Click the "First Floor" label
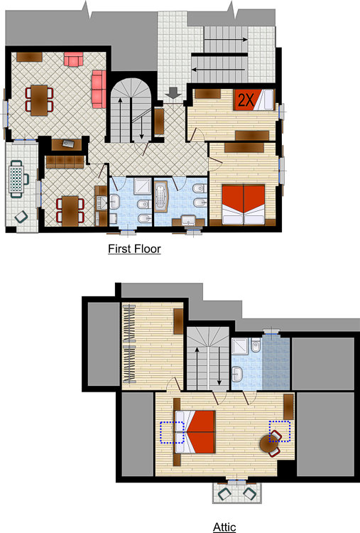134,249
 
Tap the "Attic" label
224,527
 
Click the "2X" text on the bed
246,100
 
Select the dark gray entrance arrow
173,93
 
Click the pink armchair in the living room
74,59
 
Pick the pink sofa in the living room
99,89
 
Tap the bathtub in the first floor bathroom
162,196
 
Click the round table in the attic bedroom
268,444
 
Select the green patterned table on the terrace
16,178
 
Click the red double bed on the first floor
243,204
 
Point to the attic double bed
195,431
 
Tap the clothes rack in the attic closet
129,343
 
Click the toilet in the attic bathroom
256,345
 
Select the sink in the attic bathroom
237,375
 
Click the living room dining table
39,100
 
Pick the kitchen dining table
70,211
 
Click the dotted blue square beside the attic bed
172,432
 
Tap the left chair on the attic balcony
225,493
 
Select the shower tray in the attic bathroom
240,346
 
